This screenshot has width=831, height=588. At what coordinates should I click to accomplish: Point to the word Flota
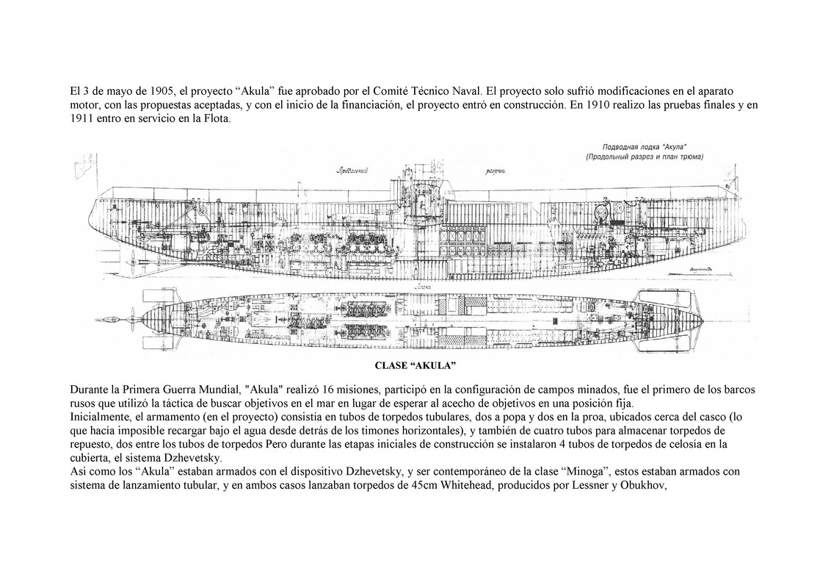[215, 120]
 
